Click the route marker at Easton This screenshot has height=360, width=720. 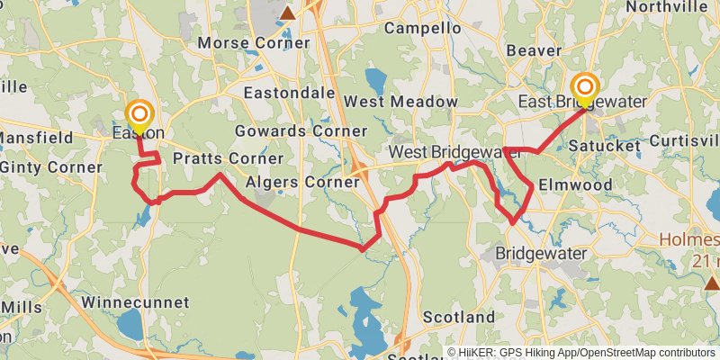[x=139, y=114]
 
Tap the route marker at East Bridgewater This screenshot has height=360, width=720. [x=585, y=87]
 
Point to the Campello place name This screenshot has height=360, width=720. [x=422, y=29]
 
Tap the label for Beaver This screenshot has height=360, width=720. [x=534, y=51]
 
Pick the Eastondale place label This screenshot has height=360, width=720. [x=287, y=93]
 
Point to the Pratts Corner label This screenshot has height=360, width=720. [x=216, y=159]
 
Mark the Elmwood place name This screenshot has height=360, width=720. [x=575, y=184]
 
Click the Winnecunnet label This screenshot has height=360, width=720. [x=135, y=301]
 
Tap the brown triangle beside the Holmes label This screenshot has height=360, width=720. [x=711, y=283]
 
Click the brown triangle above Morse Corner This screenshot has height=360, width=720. [x=287, y=13]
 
